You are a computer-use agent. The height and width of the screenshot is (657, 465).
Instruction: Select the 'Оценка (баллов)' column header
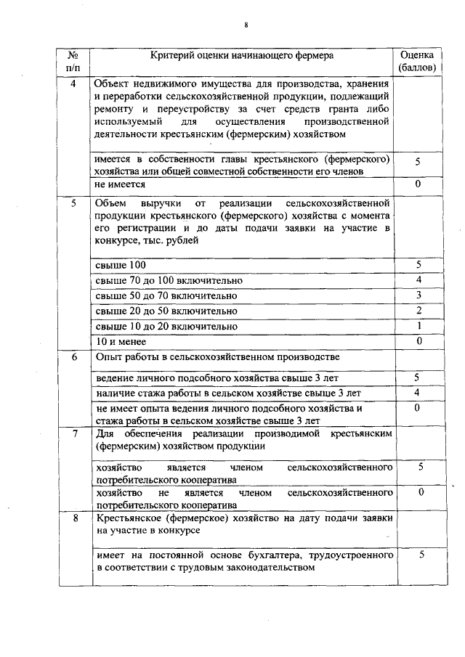[x=418, y=61]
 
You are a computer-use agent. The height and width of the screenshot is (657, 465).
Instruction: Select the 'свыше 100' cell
[x=121, y=264]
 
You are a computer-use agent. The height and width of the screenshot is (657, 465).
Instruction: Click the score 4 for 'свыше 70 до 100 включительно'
[x=418, y=279]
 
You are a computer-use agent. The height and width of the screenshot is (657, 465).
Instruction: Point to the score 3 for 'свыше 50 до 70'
[x=418, y=295]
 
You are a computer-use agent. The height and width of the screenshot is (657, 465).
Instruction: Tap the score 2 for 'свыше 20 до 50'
[x=418, y=311]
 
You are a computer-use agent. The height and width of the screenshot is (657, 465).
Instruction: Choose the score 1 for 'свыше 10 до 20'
[x=418, y=326]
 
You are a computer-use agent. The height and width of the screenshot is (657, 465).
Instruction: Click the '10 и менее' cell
[x=121, y=341]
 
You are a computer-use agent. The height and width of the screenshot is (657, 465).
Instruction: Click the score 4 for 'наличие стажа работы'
[x=418, y=393]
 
